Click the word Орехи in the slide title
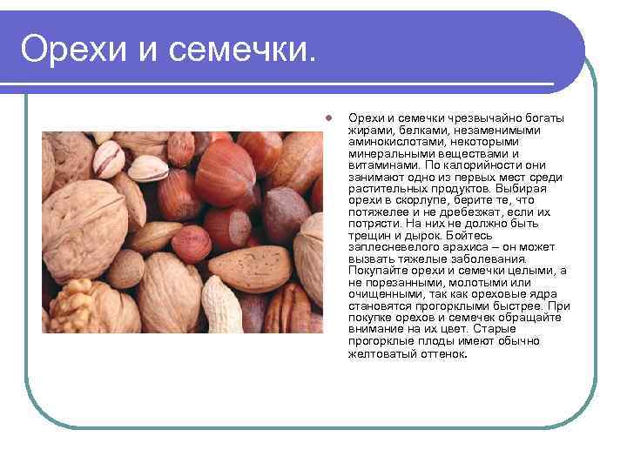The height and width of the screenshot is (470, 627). coord(72,50)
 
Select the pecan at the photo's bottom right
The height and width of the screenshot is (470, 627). coord(287,309)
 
